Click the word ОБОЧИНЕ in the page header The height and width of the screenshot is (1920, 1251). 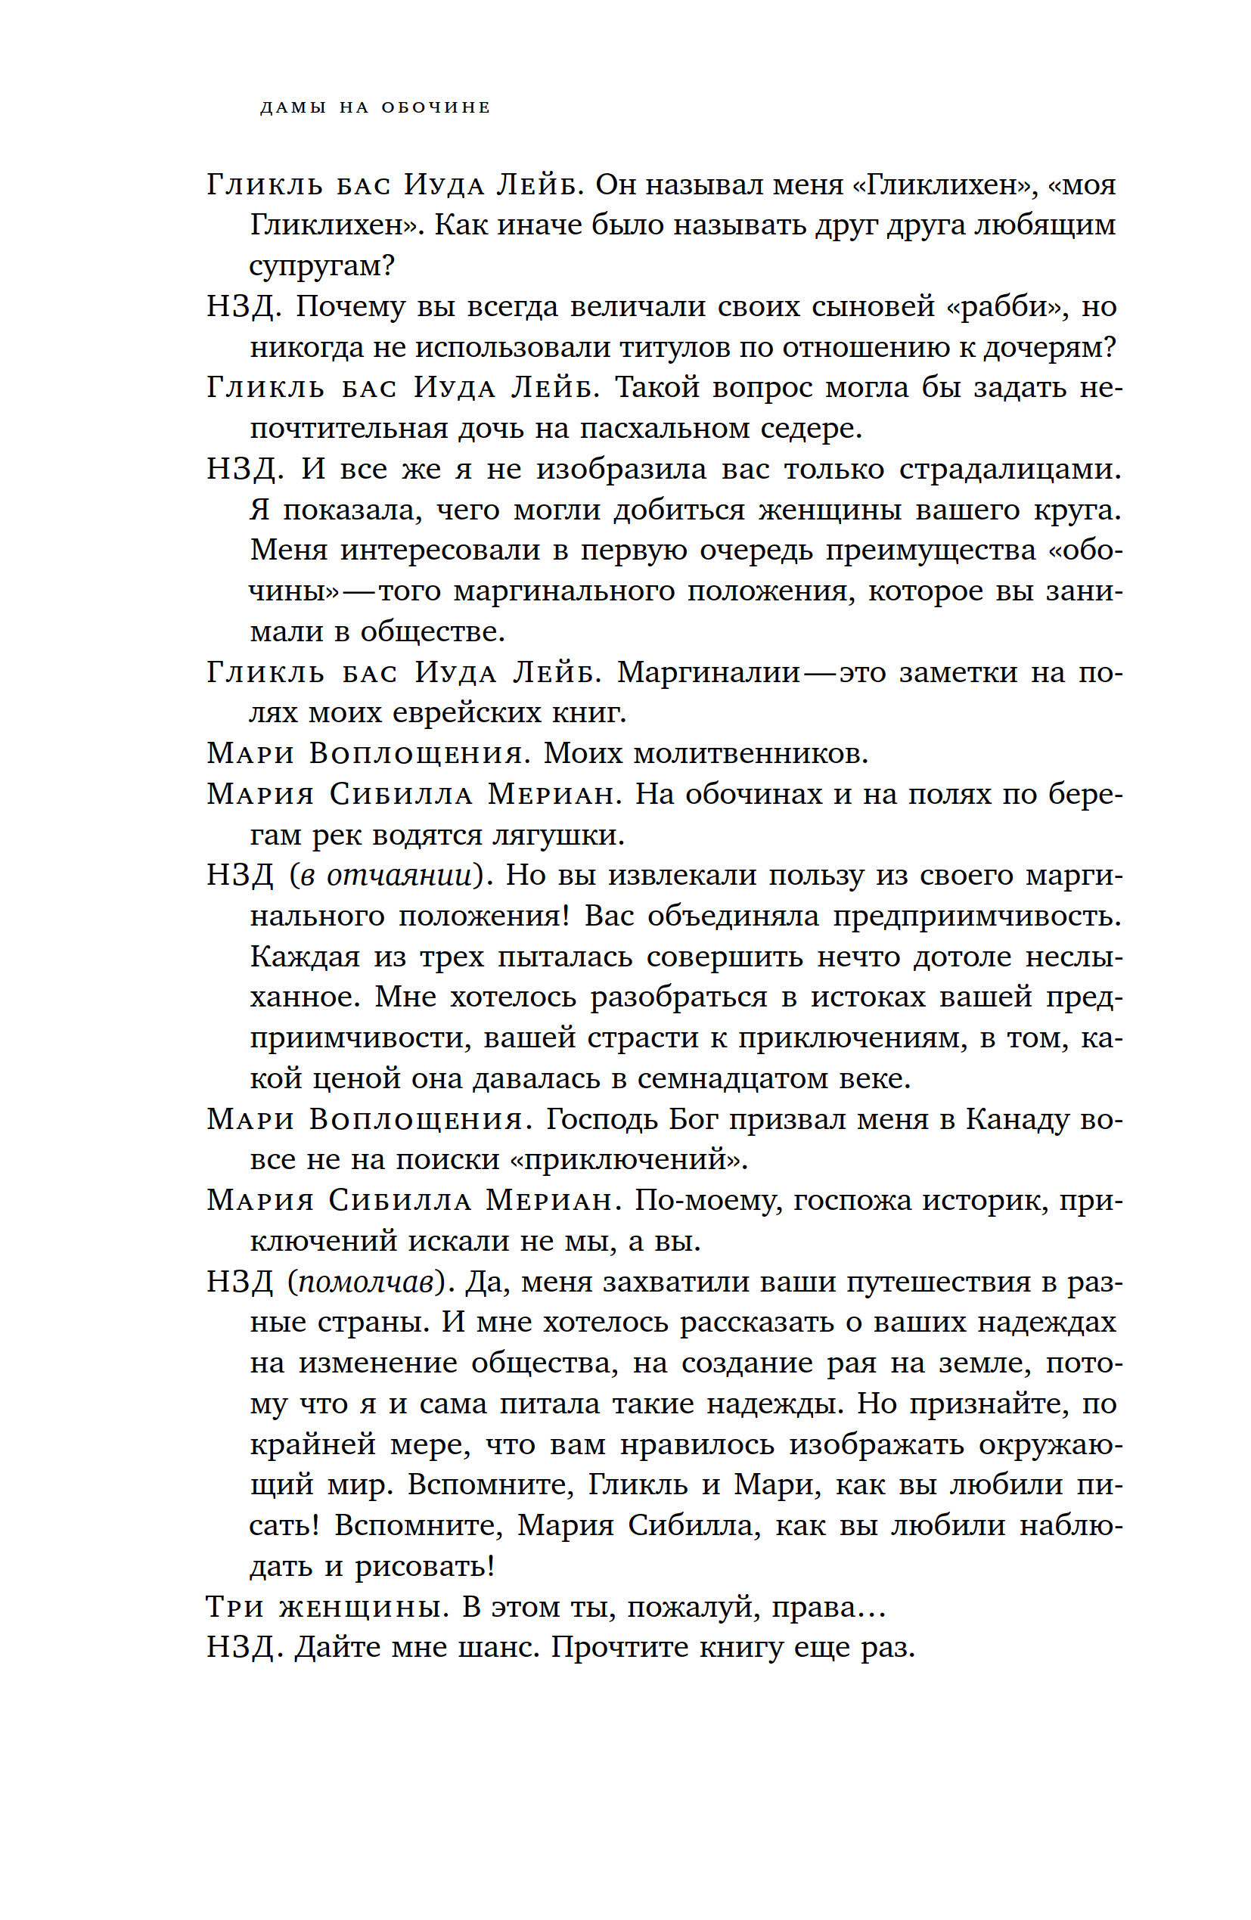pyautogui.click(x=435, y=107)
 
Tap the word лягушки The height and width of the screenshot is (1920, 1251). pyautogui.click(x=558, y=834)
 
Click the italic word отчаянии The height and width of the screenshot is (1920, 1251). pyautogui.click(x=397, y=875)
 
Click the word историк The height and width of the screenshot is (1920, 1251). pyautogui.click(x=986, y=1200)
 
